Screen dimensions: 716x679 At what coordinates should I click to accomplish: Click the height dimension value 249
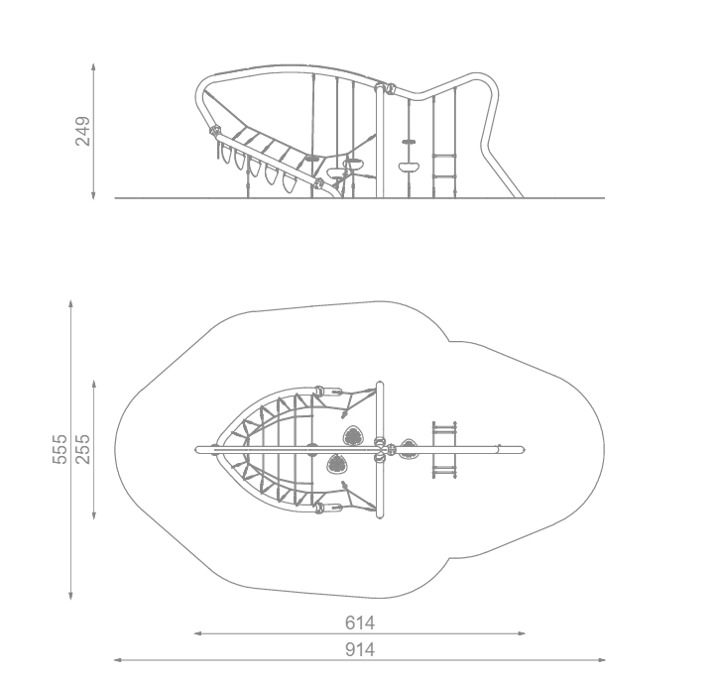(x=82, y=131)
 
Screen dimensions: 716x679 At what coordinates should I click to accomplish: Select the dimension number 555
(x=60, y=449)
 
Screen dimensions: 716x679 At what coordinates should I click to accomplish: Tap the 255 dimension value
(x=82, y=449)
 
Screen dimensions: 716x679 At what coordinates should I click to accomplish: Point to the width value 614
(x=360, y=622)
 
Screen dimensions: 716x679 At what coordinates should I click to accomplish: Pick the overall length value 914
(x=360, y=649)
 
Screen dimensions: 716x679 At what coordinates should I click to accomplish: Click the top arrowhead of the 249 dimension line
(x=93, y=66)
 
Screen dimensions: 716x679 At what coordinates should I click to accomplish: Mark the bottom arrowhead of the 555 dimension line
(x=70, y=596)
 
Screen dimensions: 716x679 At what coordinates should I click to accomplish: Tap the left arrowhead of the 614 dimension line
(x=198, y=633)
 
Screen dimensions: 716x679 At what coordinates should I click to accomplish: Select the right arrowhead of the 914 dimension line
(x=601, y=659)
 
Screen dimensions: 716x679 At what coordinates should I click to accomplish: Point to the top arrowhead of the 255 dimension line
(x=94, y=384)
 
